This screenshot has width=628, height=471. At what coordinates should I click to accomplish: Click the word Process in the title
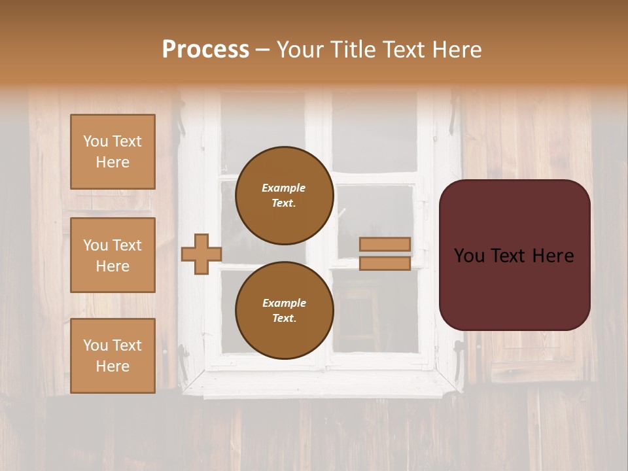click(205, 50)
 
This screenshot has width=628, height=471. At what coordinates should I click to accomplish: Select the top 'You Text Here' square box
click(113, 152)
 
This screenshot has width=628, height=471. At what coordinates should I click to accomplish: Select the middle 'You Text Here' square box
click(113, 255)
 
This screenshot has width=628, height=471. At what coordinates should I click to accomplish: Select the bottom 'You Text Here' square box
click(113, 356)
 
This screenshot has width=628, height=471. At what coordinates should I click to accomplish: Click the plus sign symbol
click(201, 254)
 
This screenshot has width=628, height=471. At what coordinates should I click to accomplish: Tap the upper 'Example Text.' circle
click(284, 195)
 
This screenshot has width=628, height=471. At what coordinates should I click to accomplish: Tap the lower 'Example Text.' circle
click(284, 310)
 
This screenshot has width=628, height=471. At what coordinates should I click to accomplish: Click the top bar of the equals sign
click(385, 244)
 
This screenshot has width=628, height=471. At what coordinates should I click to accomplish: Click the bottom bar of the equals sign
click(385, 263)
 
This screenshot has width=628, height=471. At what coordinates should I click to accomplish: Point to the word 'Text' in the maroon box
click(508, 256)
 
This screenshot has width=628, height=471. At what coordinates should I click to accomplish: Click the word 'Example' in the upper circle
click(284, 188)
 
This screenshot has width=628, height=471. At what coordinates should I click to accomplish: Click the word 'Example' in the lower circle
click(284, 303)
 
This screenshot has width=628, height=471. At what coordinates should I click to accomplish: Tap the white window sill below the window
click(321, 383)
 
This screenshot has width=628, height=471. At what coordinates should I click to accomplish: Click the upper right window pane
click(374, 134)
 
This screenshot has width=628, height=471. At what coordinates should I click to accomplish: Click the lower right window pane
click(374, 311)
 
